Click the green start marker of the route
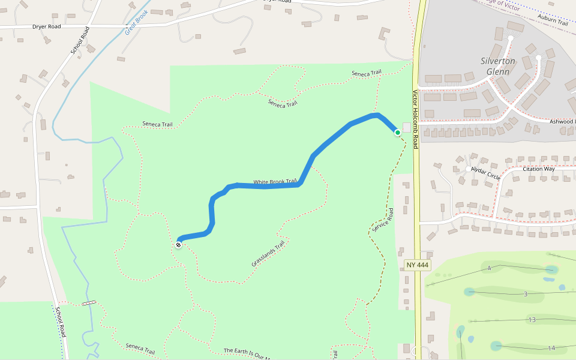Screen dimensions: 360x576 [397, 132]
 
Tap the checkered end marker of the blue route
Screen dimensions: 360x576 [178, 244]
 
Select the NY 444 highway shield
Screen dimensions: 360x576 [417, 265]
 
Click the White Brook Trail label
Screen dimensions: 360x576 [275, 182]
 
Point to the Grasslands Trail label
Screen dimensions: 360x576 [268, 254]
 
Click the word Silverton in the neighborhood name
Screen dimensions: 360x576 [497, 61]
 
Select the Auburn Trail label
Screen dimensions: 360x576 [553, 22]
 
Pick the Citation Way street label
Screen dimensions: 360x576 [539, 169]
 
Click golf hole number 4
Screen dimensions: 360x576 [490, 268]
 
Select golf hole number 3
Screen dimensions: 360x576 [525, 294]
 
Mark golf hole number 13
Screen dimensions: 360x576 [532, 320]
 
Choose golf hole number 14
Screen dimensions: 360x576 [551, 347]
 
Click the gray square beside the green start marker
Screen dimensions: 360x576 [407, 128]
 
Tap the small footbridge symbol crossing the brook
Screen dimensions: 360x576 [89, 304]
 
